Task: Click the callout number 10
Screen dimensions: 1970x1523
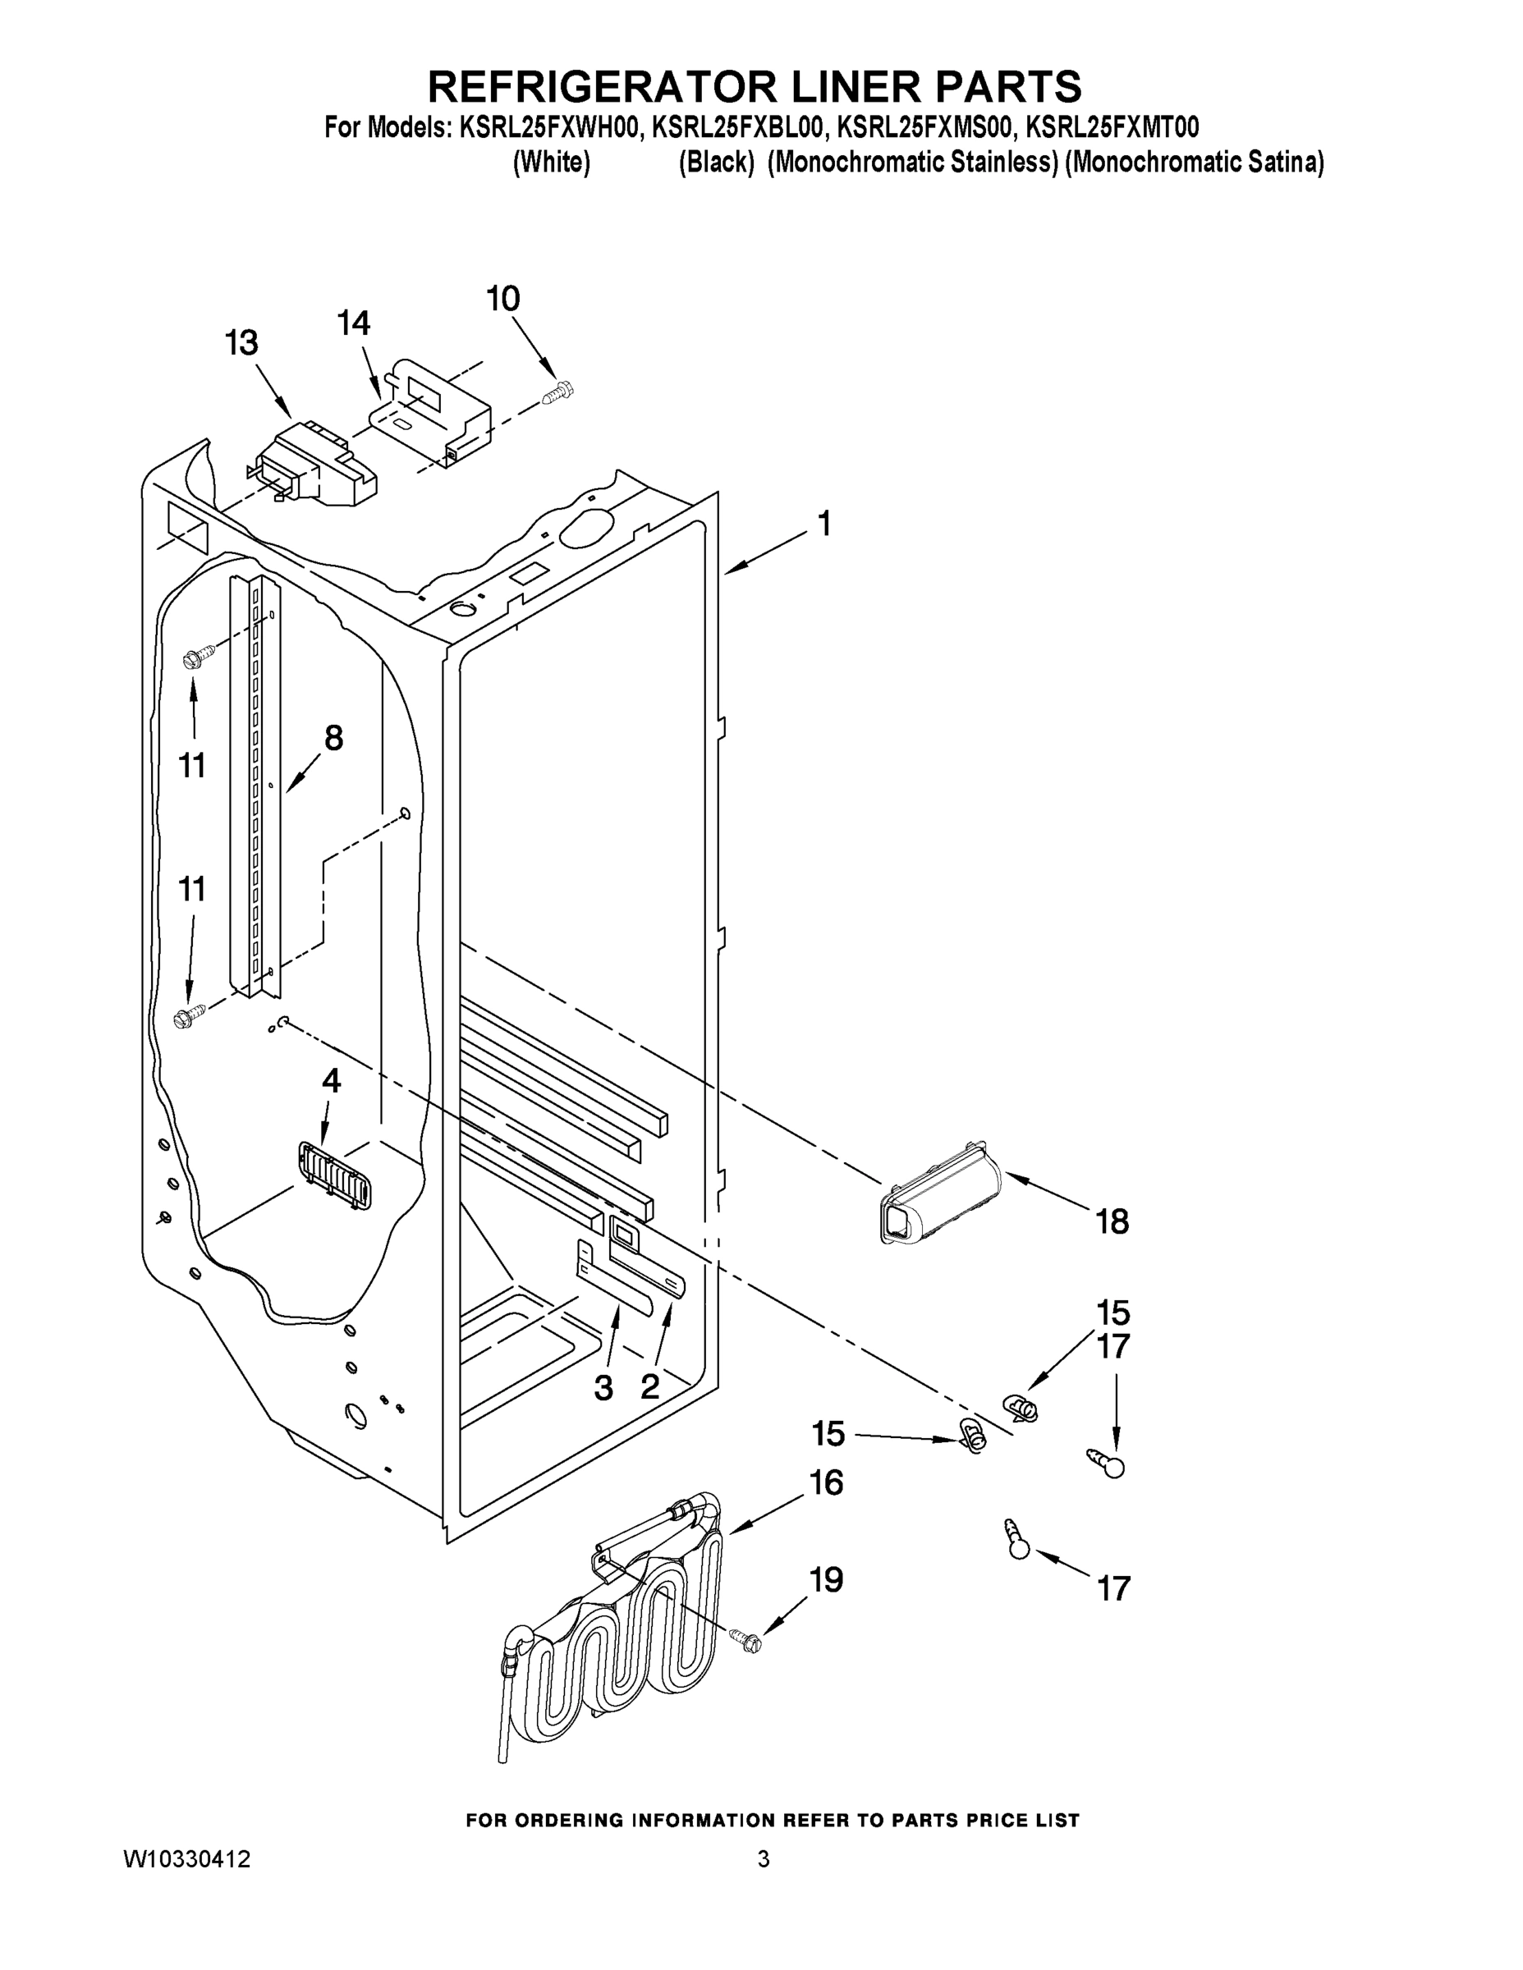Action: [x=503, y=299]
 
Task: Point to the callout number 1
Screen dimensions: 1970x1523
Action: [x=823, y=524]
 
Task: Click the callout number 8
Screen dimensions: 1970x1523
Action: [x=333, y=739]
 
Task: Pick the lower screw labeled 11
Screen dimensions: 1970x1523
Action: [x=190, y=1018]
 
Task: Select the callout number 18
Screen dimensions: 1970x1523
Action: [x=1112, y=1222]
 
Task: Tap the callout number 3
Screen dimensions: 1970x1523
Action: [x=603, y=1388]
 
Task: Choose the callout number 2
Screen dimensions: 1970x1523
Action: [x=649, y=1386]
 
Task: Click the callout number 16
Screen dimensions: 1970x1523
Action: [x=827, y=1483]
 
